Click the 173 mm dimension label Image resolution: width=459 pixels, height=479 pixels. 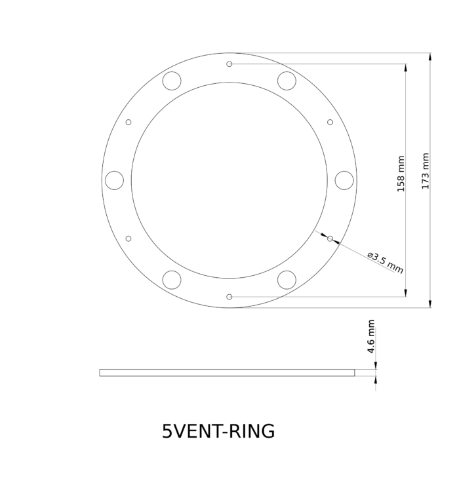coord(426,172)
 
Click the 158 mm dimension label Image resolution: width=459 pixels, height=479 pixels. coord(401,174)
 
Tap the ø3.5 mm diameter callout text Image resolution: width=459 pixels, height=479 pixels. coord(385,261)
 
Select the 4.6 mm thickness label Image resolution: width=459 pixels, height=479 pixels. coord(371,337)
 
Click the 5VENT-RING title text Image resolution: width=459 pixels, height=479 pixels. coord(218,432)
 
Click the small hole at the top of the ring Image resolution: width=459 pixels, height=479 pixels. coord(229,64)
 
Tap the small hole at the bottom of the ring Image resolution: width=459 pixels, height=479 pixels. coord(229,297)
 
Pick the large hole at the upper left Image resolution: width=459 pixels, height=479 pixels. coord(172,81)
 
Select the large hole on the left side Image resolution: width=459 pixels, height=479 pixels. coord(114,180)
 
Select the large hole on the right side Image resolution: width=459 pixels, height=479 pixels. coord(344,180)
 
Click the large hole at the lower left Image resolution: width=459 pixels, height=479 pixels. coord(172,280)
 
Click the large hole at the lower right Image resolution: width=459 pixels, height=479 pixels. coord(287,280)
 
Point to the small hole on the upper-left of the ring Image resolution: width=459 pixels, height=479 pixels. coord(129,122)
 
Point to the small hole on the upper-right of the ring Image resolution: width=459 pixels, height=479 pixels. coord(330,122)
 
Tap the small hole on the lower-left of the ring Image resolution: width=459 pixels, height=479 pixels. coord(129,239)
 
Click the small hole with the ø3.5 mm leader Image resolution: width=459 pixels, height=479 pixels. coord(330,239)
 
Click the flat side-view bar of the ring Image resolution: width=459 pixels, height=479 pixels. coord(226,373)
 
